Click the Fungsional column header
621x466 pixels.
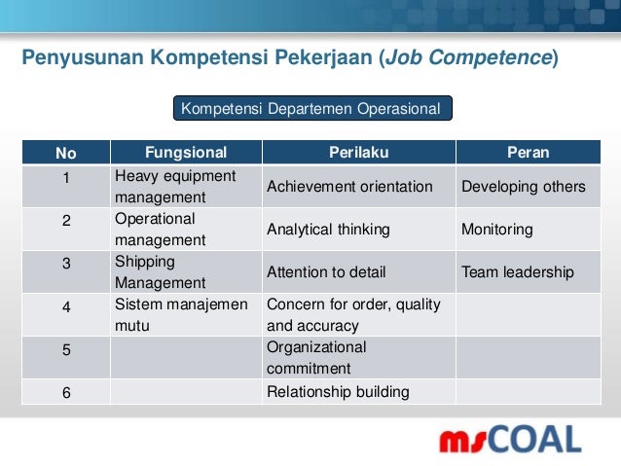click(185, 153)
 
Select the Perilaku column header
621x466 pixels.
click(357, 153)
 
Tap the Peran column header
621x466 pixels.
click(528, 153)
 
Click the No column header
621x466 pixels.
click(66, 153)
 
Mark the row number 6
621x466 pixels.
click(66, 393)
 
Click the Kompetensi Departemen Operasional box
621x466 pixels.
click(312, 108)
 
